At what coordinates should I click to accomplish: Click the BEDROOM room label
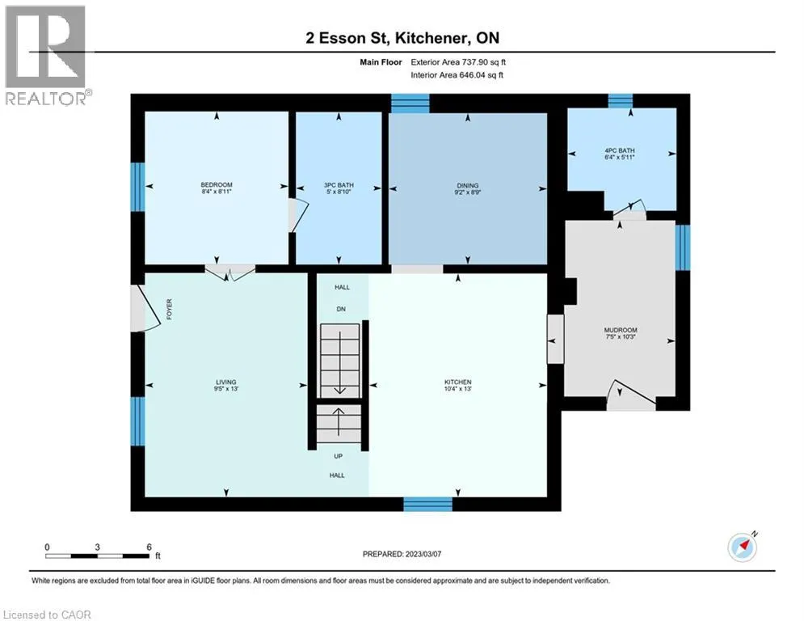(x=217, y=184)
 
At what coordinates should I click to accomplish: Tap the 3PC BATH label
(x=339, y=184)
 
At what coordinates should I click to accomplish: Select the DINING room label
(x=468, y=185)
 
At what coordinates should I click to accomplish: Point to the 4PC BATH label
(x=620, y=150)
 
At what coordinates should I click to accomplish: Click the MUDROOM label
(x=621, y=330)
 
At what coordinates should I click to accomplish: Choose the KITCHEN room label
(x=458, y=382)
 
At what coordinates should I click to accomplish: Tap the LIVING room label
(x=226, y=382)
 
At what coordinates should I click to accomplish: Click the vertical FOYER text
(x=169, y=310)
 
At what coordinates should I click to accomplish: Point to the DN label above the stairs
(x=341, y=309)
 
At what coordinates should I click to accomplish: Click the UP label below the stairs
(x=339, y=456)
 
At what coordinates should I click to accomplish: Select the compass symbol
(x=743, y=547)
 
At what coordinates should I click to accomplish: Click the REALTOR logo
(x=46, y=56)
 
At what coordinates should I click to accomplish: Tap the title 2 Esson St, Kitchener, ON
(x=402, y=38)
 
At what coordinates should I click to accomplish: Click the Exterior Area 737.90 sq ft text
(x=458, y=62)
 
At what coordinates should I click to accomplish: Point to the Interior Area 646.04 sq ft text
(x=457, y=75)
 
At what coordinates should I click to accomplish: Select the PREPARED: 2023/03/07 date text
(x=402, y=554)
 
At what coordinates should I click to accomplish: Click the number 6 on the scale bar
(x=149, y=547)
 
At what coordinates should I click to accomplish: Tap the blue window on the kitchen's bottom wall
(x=428, y=504)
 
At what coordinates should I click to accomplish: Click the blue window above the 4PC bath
(x=621, y=100)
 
